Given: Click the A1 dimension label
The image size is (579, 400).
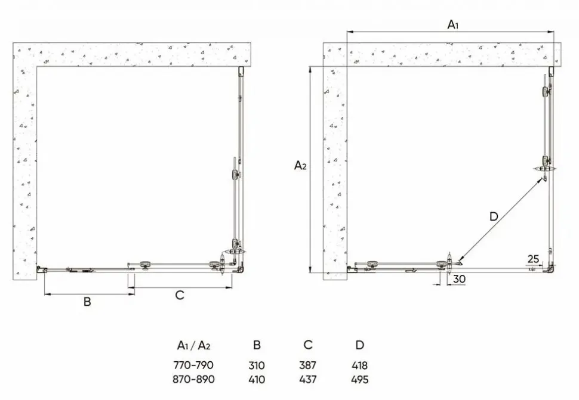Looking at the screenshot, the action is (452, 24).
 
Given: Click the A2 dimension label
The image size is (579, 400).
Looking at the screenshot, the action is (300, 166).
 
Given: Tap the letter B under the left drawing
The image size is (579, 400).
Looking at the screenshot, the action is (87, 302).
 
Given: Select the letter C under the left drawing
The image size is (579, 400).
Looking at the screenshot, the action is (180, 295).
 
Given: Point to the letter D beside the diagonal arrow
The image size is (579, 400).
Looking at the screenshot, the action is (494, 216).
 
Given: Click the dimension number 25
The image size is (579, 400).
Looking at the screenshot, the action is (533, 259).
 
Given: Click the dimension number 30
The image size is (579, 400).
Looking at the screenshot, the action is (459, 279).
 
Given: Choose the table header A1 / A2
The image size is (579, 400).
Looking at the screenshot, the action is (193, 345).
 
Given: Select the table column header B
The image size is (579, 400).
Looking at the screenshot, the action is (257, 345).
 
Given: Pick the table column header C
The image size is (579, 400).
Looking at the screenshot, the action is (308, 345).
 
